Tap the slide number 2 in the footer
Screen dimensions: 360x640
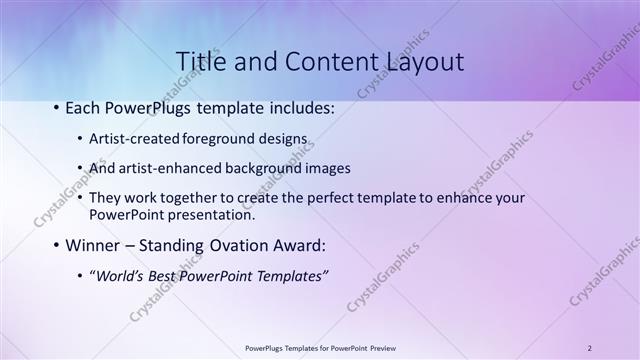click(x=589, y=348)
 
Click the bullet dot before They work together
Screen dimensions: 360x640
click(x=80, y=198)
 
